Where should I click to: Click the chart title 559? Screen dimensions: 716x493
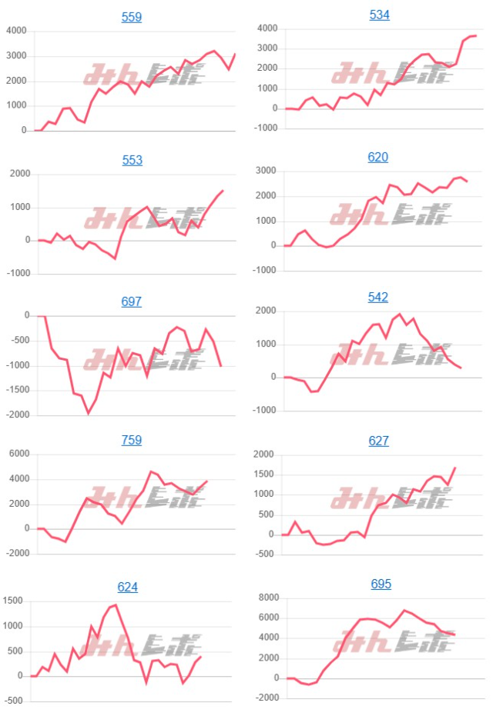132,17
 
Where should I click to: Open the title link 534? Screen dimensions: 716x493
380,15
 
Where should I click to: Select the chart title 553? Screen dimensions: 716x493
132,160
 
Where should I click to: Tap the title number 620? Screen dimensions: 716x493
378,157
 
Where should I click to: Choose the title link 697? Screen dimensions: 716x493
132,301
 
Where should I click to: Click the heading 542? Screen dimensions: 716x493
378,297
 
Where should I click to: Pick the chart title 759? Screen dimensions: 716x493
132,441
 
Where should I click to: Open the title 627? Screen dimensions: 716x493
379,441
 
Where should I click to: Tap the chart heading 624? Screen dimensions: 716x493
128,587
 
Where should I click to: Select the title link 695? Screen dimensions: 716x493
381,584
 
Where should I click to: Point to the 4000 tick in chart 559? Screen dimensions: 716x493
16,32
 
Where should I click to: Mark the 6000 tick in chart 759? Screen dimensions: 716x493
16,455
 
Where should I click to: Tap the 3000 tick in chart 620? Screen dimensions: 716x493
264,171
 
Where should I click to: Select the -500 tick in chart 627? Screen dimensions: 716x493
264,554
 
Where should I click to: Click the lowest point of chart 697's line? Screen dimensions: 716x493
88,413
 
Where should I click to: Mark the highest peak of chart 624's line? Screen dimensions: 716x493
116,604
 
